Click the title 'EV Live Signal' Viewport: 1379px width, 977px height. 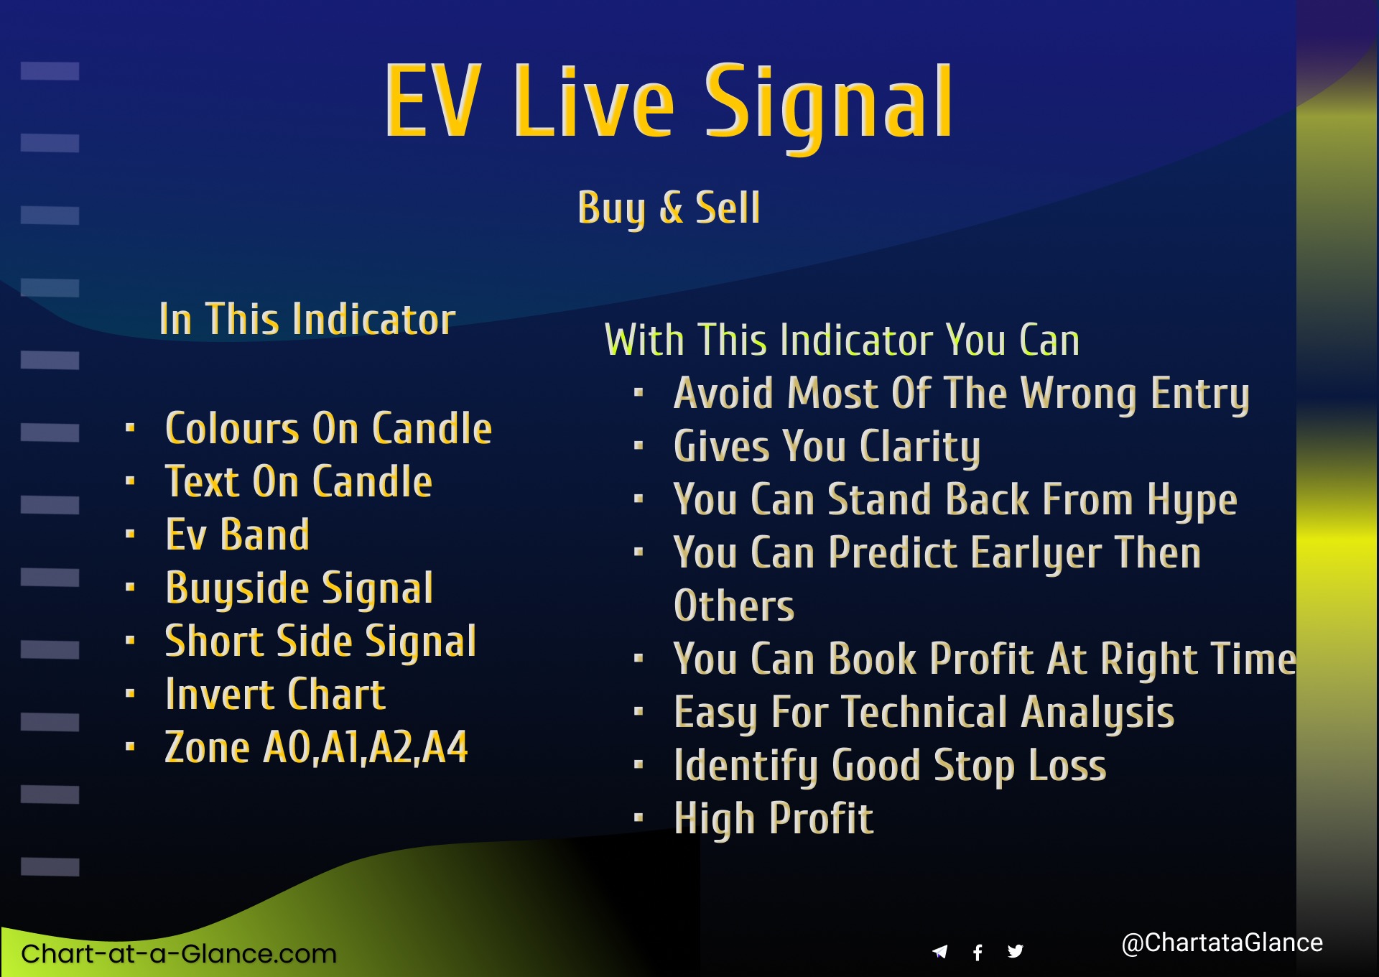(x=669, y=103)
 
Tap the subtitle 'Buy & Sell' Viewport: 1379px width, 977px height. (x=669, y=208)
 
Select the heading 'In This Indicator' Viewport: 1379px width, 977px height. (x=307, y=319)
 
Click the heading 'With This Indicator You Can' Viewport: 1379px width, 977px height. (x=842, y=340)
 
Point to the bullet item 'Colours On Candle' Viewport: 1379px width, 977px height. (x=328, y=429)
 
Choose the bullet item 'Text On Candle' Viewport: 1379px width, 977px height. (x=299, y=482)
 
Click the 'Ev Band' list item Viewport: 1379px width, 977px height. (x=237, y=535)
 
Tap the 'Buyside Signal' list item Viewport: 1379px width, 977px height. (x=300, y=589)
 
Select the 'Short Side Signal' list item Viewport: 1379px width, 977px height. (x=320, y=642)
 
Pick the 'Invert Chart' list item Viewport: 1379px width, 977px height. (x=275, y=695)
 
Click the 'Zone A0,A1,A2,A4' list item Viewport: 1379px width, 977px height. (x=316, y=748)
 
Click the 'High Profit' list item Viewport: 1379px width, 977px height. (x=774, y=820)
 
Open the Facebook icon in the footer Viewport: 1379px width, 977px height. (x=978, y=953)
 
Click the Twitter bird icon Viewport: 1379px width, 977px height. (x=1016, y=952)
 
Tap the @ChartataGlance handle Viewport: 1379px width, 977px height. (x=1222, y=943)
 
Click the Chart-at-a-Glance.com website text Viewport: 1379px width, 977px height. (x=179, y=954)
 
